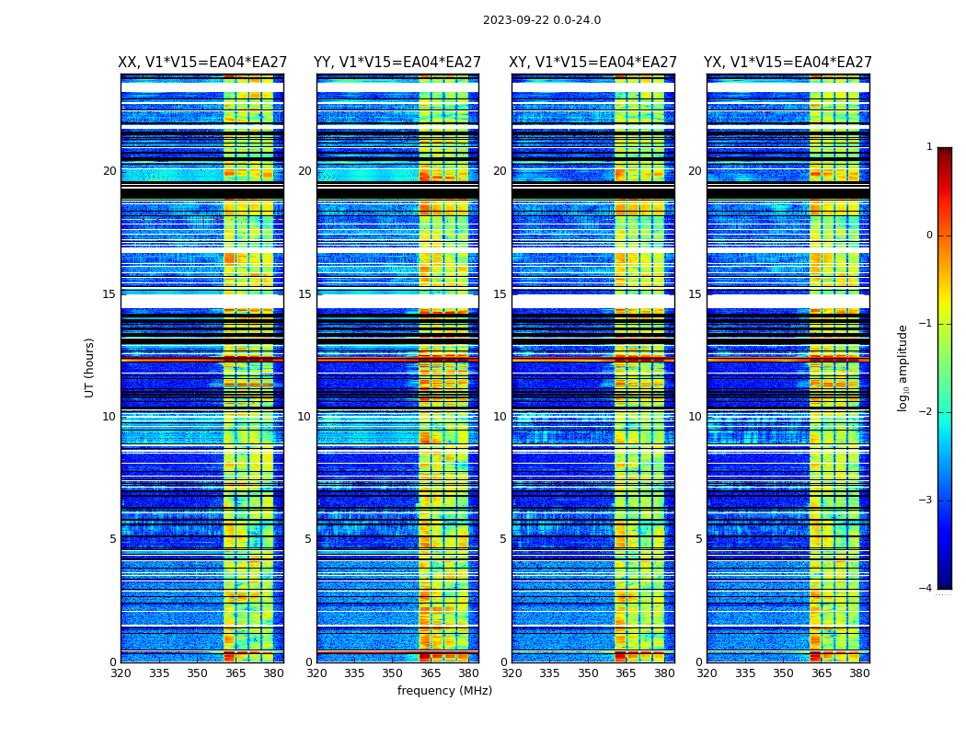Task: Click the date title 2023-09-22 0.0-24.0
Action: point(542,20)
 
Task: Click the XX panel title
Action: point(202,63)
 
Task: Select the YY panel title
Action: point(397,63)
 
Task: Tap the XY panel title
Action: point(592,63)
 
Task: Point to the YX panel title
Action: point(788,63)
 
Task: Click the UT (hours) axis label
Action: point(89,367)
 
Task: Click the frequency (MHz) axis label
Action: point(444,691)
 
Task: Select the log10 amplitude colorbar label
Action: point(903,367)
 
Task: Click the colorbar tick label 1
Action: point(929,147)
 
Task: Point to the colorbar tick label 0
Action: point(929,236)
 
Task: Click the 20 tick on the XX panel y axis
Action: point(109,171)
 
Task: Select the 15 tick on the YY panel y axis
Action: point(305,294)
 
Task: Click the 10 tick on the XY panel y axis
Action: point(500,417)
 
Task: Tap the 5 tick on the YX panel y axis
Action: point(698,539)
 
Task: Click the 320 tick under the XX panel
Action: point(121,673)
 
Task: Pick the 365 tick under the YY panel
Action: point(431,673)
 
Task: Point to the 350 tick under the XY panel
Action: point(588,673)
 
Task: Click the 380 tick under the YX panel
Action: point(859,673)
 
